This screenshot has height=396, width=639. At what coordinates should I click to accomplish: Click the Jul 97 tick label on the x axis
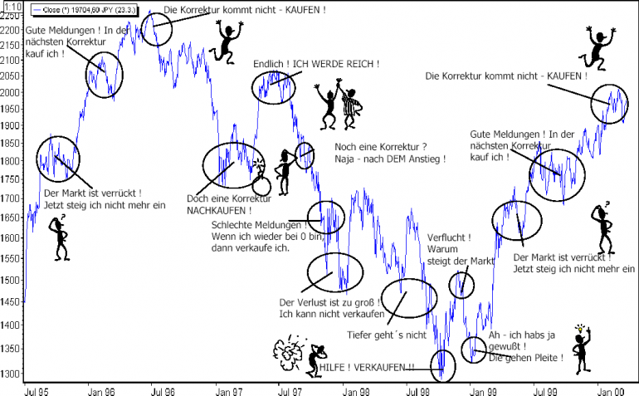pos(290,392)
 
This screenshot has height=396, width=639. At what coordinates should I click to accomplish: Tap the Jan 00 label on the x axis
pos(610,392)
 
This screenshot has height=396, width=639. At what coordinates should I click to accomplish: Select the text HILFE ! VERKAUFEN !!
pos(366,368)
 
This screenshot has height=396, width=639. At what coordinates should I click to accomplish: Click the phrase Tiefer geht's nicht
pos(387,335)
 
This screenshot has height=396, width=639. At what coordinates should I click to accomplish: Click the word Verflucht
pos(446,237)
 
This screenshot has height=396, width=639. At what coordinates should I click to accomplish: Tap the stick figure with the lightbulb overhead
pos(582,350)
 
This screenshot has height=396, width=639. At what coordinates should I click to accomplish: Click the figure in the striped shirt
pos(349,108)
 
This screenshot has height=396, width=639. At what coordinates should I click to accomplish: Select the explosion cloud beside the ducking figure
pos(290,352)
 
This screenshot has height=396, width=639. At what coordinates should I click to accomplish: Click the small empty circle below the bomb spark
pos(261,187)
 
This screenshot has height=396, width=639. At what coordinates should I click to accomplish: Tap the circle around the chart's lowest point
pos(442,366)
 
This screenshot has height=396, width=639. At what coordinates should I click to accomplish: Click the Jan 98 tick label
pos(356,392)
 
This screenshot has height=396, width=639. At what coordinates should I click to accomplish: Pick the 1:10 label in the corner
pos(13,6)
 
